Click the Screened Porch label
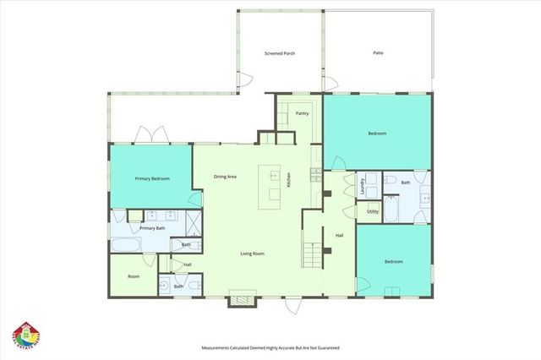(280, 53)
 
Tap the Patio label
(378, 53)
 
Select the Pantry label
(301, 112)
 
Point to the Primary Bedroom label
(152, 179)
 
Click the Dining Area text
(224, 177)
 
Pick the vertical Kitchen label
(288, 180)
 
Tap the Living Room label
(254, 254)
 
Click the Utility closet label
(372, 211)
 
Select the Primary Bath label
(152, 228)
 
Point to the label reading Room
(134, 276)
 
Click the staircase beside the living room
(314, 252)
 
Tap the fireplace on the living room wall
(243, 297)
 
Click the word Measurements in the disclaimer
(219, 347)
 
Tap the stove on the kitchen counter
(315, 175)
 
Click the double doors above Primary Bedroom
(150, 135)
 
